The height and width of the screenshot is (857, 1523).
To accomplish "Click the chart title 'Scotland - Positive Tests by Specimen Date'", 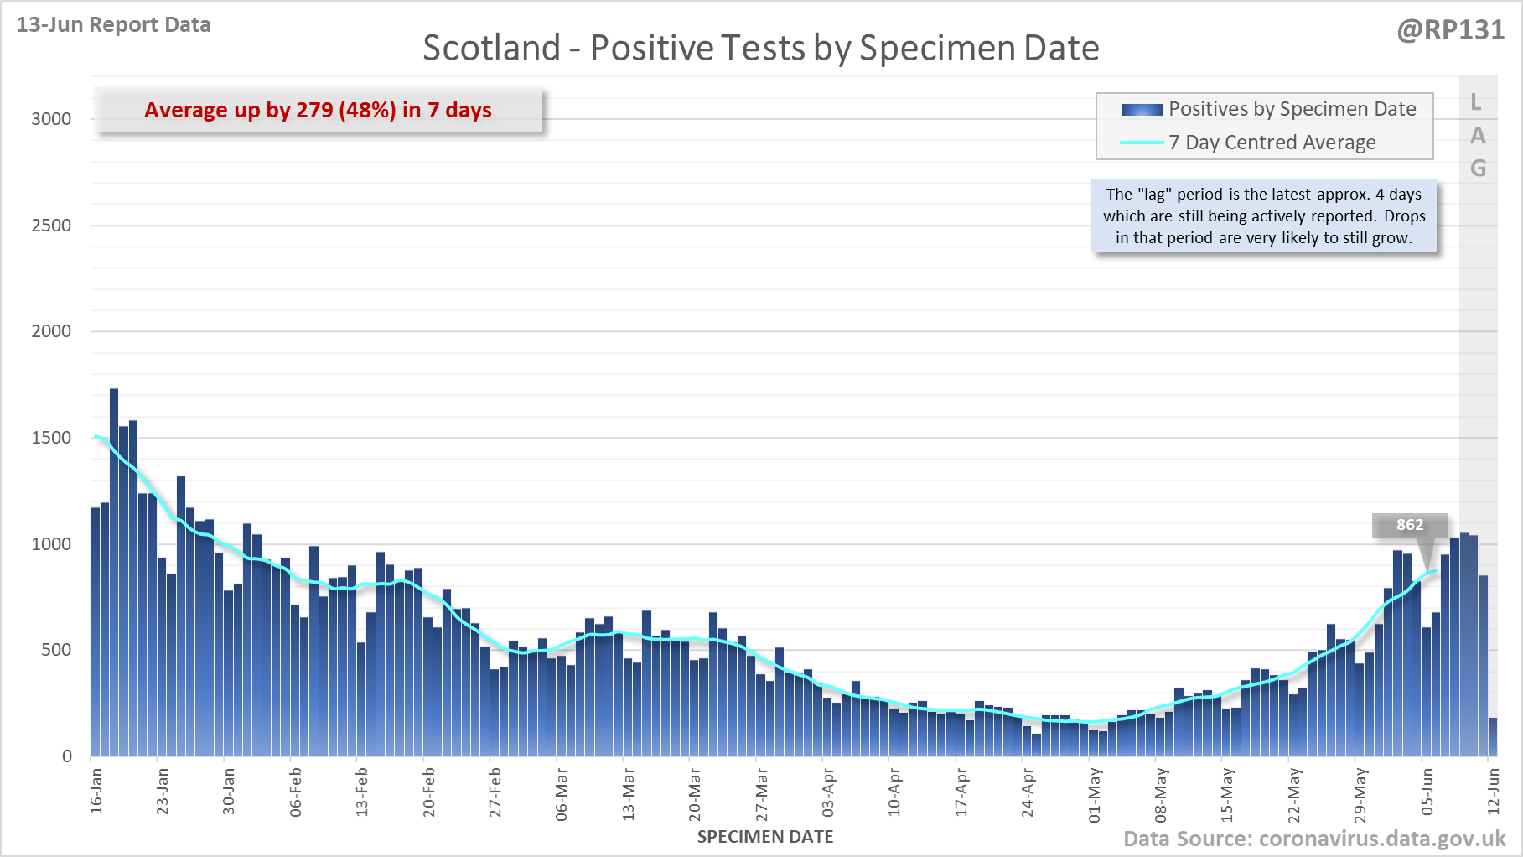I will (760, 48).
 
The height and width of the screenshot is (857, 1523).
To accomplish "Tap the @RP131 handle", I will (1450, 30).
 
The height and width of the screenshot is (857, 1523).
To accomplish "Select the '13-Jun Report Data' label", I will (113, 24).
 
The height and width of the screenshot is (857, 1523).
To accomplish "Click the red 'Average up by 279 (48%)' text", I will (318, 110).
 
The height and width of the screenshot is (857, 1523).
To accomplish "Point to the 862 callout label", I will (1409, 525).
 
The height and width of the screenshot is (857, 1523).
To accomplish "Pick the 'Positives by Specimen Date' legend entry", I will (1292, 109).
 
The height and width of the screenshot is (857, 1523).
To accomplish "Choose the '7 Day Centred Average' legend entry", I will (1272, 143).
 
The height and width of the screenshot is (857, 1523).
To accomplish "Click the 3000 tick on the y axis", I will (51, 119).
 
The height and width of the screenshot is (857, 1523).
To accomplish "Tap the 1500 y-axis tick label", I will (51, 438).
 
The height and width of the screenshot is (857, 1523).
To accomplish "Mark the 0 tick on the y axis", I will (67, 756).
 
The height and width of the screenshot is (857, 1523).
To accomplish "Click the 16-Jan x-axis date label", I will (96, 790).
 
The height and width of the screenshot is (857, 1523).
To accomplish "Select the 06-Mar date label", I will (562, 793).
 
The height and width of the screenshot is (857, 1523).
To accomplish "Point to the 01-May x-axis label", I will (1095, 793).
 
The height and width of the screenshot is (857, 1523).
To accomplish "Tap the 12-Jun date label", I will (1493, 792).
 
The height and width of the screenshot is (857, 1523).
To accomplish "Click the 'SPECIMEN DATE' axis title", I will (764, 837).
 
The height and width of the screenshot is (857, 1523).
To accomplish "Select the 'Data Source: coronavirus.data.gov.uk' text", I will (1313, 839).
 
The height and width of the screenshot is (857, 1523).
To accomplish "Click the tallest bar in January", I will (114, 570).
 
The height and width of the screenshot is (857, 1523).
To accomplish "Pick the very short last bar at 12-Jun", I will (1492, 736).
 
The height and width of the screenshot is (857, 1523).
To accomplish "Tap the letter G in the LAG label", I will (1478, 169).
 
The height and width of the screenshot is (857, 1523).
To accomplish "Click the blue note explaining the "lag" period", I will (1264, 216).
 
